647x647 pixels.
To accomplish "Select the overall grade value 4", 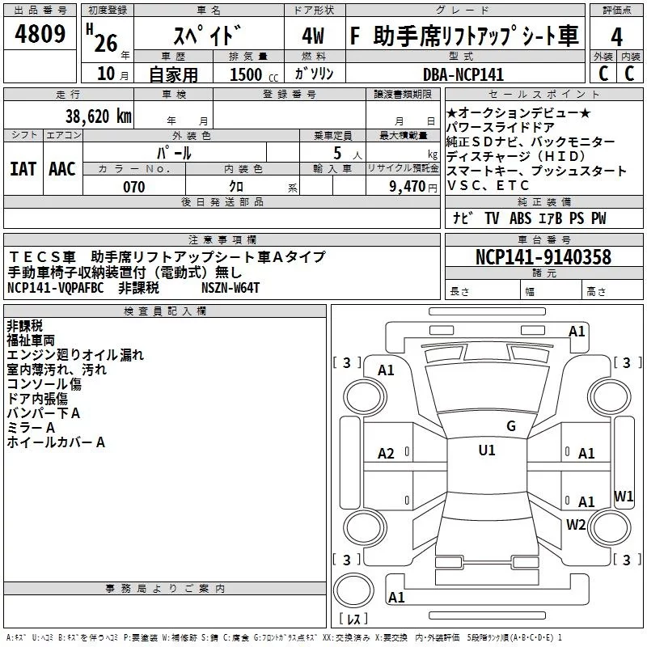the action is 616,36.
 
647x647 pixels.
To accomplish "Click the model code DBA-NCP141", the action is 463,74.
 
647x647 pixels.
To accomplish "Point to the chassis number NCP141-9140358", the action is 543,257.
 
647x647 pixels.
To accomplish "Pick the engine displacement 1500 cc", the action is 247,75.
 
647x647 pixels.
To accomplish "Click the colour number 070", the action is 133,187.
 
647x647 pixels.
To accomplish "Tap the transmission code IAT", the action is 23,168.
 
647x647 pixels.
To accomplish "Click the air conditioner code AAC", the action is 62,168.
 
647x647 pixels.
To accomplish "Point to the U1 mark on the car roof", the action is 486,450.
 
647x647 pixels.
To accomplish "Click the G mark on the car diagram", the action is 510,426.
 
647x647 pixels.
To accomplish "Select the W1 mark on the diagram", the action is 624,496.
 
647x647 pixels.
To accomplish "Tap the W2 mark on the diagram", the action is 576,524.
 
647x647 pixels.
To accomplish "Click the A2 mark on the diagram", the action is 387,454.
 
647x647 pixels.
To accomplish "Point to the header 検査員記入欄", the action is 165,311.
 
